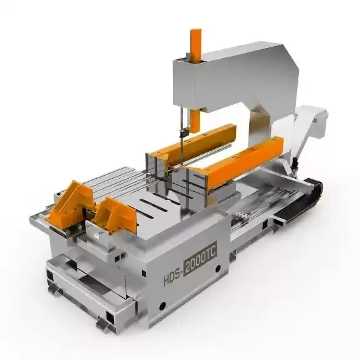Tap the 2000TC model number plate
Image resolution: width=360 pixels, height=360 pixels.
click(201, 257)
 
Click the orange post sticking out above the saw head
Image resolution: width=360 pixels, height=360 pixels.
click(196, 45)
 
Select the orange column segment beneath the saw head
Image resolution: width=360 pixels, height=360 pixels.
click(195, 121)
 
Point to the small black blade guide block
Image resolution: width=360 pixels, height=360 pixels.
click(184, 133)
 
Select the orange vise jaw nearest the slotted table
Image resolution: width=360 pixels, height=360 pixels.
click(116, 214)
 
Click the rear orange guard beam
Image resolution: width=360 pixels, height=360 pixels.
click(195, 143)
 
